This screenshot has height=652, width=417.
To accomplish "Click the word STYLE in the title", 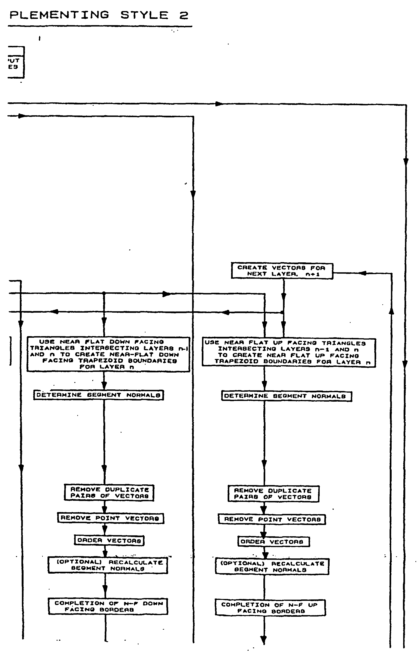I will tap(144, 15).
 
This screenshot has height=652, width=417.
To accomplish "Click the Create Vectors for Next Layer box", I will tap(282, 270).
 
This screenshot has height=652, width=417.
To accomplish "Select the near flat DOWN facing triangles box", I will tap(108, 354).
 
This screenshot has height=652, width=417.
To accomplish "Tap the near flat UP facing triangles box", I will tap(289, 353).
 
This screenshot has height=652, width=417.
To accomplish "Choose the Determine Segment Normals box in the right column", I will tap(286, 396).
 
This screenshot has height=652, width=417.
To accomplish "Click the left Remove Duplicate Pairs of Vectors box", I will tap(109, 493).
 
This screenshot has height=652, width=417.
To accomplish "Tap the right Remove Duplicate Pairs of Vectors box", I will tap(273, 494).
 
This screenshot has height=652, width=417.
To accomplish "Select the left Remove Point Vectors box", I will tap(110, 518).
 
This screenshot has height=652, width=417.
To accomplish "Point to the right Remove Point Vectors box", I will tap(272, 519).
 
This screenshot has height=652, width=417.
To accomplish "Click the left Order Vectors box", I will tap(109, 540).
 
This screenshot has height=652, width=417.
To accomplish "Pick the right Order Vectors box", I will tap(273, 542).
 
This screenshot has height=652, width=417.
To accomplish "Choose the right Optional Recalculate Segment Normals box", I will tap(272, 567).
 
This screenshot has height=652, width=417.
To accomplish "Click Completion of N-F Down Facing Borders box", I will tap(108, 607).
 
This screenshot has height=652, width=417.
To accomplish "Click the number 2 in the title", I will tap(184, 15).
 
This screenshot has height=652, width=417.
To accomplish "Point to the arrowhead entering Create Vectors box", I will tap(363, 273).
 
